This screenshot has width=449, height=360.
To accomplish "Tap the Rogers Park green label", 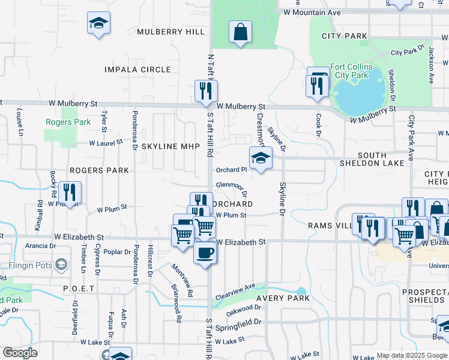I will point(68,122).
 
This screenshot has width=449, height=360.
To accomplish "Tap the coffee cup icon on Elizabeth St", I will point(205,252).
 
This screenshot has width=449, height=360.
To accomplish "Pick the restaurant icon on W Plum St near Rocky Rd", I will point(70,193).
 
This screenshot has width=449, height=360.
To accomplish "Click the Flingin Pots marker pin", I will point(61,264).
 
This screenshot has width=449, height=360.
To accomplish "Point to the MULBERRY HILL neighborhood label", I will point(170,32).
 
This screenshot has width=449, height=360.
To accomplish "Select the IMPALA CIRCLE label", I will point(137,70).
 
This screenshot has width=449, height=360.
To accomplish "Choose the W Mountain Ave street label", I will point(312,12).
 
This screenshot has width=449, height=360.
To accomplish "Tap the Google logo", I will point(20,353).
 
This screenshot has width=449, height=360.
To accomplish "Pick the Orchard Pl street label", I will point(232,169).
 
